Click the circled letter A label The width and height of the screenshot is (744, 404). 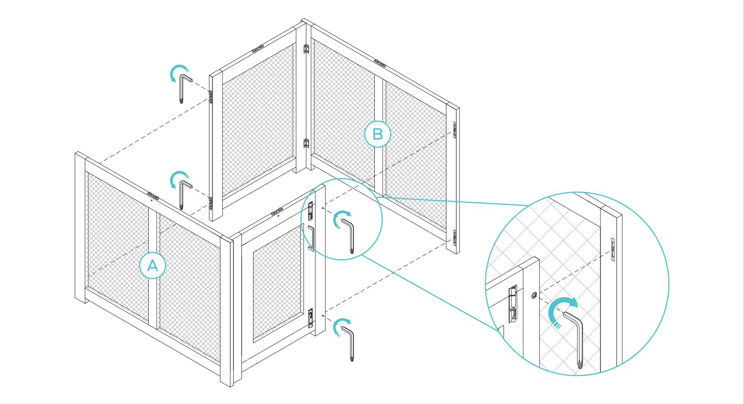152,265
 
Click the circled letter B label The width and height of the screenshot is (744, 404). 377,134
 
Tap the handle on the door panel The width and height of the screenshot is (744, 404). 311,238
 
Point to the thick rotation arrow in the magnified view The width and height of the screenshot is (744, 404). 560,310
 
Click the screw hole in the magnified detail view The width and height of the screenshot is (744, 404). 534,295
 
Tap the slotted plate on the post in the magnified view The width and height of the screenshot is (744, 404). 613,250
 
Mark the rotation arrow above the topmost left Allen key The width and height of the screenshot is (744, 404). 178,72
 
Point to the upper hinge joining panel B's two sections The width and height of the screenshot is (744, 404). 306,48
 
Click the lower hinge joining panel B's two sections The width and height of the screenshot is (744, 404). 306,143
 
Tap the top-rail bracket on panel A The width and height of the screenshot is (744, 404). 153,195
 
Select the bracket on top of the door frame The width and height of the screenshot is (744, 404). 276,212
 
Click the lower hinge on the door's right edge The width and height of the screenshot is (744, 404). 311,317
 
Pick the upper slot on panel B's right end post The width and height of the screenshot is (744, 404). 454,130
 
